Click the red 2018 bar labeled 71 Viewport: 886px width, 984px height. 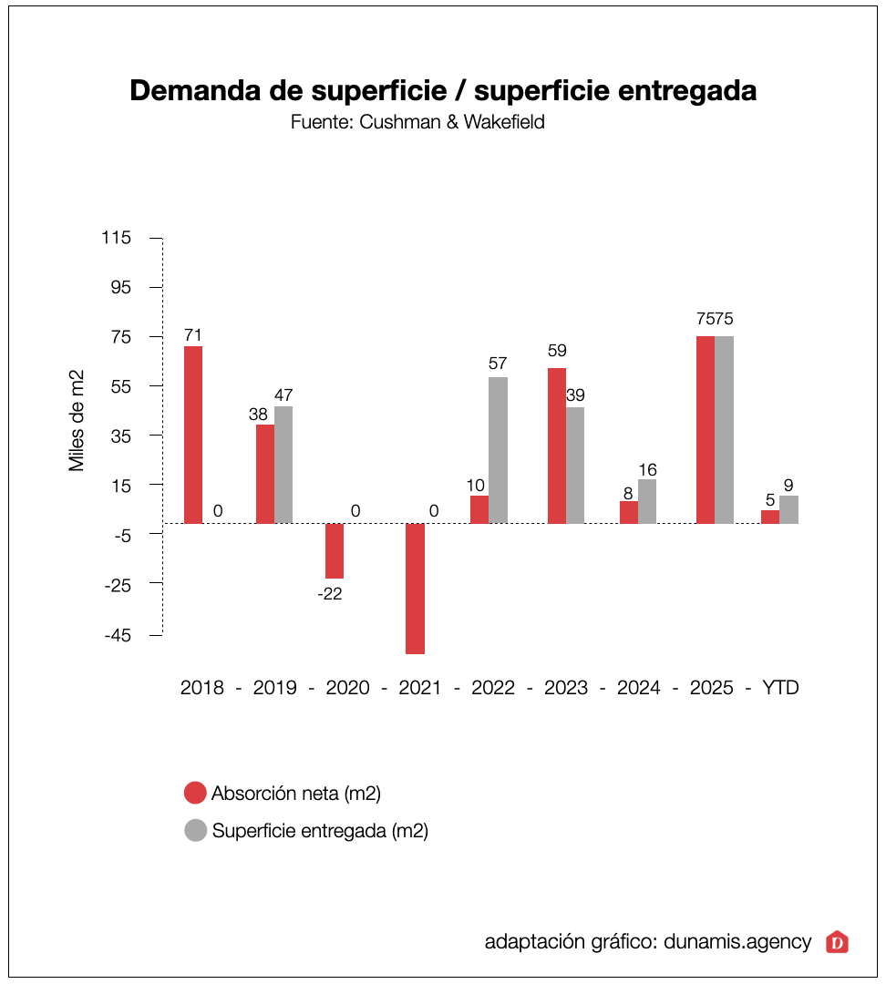(193, 435)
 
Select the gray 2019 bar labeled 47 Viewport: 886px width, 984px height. (283, 465)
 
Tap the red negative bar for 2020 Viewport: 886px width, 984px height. (335, 550)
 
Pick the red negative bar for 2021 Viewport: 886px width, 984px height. (415, 588)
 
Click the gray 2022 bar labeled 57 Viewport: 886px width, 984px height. (498, 450)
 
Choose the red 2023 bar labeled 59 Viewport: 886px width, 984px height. (557, 446)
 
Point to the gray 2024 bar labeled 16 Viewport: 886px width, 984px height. (647, 501)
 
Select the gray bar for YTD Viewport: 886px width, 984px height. (788, 509)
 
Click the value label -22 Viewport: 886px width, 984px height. (329, 594)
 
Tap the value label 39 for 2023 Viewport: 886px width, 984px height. (575, 395)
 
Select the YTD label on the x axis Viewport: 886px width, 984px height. (780, 688)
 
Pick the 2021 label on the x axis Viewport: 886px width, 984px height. (420, 688)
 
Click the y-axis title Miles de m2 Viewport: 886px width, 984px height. (77, 420)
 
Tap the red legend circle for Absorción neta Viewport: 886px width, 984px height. (195, 793)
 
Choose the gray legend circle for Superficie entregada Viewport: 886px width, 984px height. (195, 831)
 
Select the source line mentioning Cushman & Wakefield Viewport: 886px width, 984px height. (417, 122)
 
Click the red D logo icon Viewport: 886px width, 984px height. (837, 942)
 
